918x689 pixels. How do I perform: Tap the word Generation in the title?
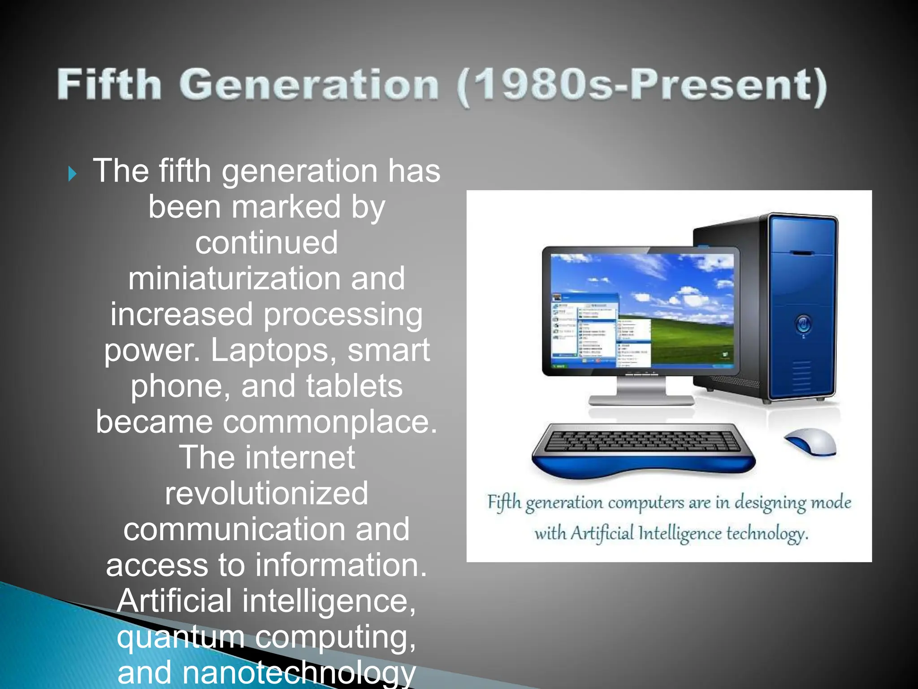tap(309, 85)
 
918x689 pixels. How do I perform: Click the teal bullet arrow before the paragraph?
tap(73, 174)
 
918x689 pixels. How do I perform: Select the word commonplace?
tap(330, 423)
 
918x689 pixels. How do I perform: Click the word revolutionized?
tap(266, 493)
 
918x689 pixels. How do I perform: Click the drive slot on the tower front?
tap(802, 253)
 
